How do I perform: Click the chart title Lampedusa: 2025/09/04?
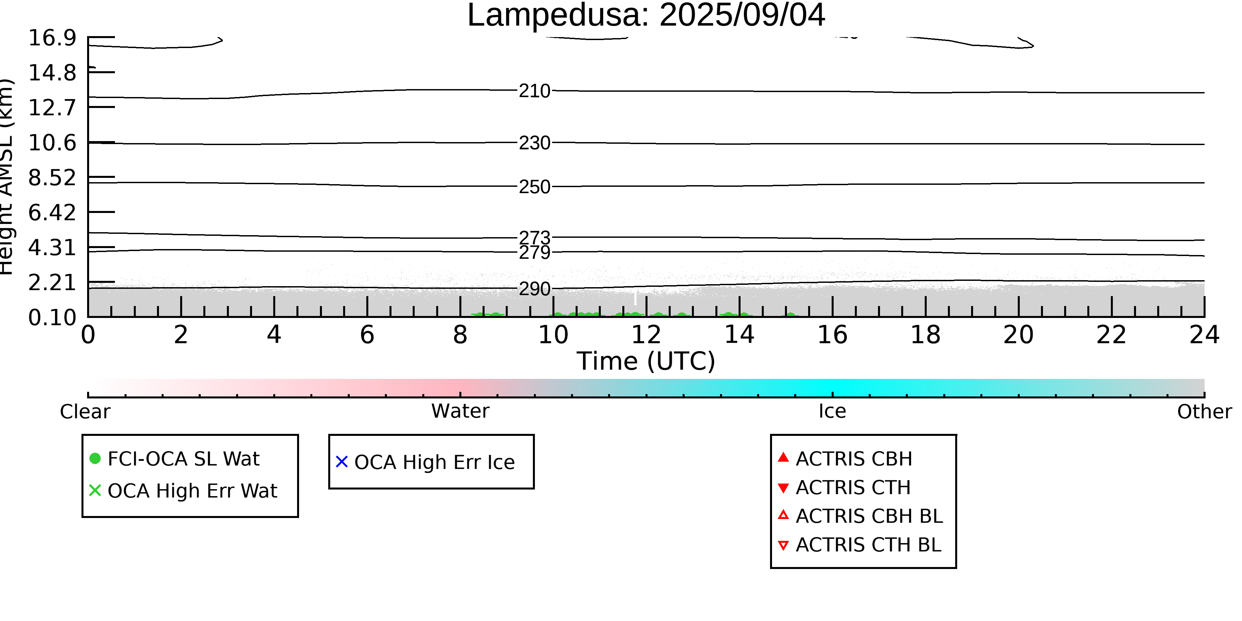point(646,16)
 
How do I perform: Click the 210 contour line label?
point(534,91)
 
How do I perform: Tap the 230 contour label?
point(534,143)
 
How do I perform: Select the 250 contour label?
point(534,186)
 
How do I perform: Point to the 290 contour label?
point(534,289)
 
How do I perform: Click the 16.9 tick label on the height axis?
point(52,38)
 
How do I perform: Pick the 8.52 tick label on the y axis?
point(52,178)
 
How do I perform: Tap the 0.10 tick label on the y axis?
point(52,317)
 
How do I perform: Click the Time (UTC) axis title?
point(646,361)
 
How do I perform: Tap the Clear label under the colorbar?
point(85,411)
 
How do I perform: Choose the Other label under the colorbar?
point(1204,411)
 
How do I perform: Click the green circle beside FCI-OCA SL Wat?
point(95,458)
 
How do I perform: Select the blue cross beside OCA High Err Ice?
point(342,462)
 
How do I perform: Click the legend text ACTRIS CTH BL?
point(868,545)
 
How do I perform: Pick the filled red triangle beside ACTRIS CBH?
point(784,457)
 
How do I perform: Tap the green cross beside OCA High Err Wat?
point(95,490)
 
